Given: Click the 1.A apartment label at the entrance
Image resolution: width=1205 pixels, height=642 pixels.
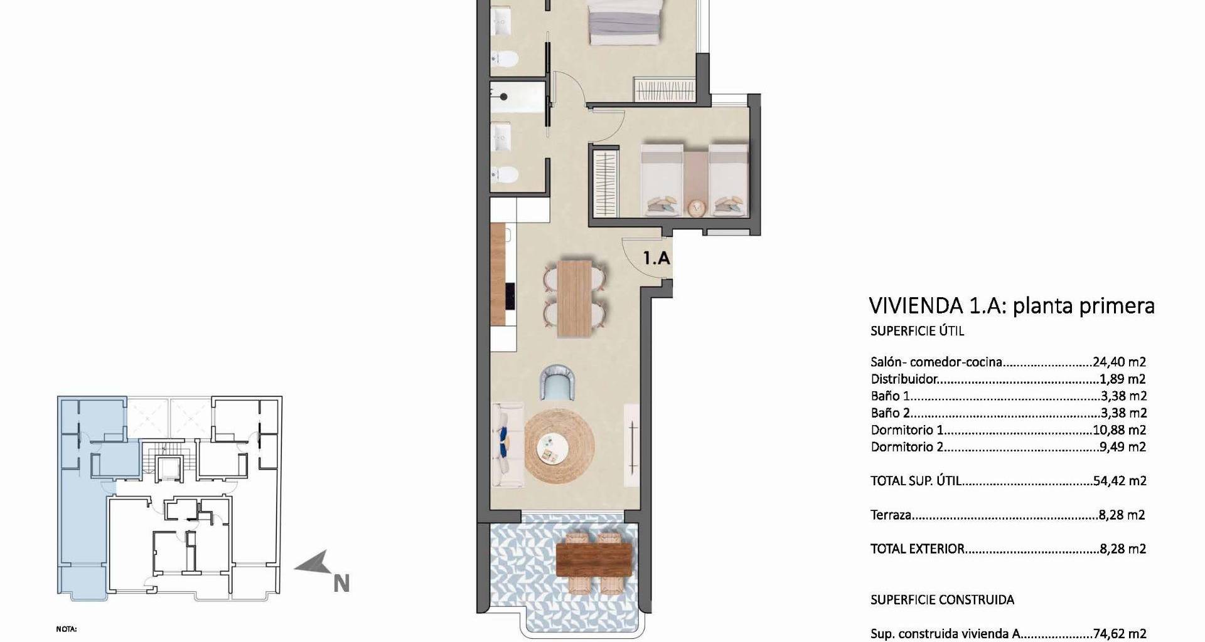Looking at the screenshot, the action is tap(656, 258).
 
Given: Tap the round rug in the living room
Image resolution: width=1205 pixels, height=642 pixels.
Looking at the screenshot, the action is tap(559, 446).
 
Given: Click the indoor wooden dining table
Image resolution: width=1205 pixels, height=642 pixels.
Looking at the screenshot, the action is tap(576, 298).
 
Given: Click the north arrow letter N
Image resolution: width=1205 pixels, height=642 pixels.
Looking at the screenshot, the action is tap(341, 584).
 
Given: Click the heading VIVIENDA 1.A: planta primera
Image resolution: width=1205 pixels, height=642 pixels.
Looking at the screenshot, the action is tap(1012, 305).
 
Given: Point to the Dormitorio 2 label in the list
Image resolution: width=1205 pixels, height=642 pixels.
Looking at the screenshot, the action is tap(908, 447).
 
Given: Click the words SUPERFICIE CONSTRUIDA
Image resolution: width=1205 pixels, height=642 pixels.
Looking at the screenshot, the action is tap(942, 599).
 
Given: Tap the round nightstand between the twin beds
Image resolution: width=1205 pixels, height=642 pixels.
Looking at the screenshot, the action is tap(695, 208).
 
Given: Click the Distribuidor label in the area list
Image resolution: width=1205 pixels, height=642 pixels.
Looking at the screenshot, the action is tap(904, 379).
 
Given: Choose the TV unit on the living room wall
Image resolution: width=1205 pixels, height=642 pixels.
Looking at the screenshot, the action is tap(632, 445).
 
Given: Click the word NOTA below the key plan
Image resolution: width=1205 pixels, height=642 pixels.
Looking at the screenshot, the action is tap(67, 629).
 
